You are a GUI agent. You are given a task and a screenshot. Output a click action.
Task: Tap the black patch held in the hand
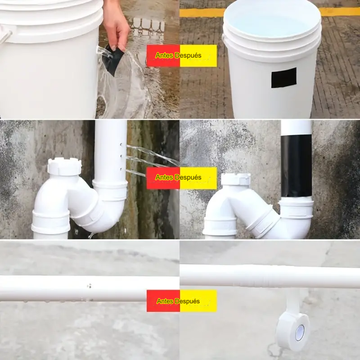point(113,60)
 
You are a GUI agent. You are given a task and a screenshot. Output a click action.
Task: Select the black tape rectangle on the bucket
point(284,77)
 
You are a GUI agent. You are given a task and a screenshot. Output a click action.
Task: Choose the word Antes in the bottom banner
point(165,301)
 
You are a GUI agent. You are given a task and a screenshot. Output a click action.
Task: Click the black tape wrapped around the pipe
point(296,166)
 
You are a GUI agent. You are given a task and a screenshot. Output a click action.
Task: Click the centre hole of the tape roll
point(300,333)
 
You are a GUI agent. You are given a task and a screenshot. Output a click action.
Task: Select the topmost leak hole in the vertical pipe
point(121,144)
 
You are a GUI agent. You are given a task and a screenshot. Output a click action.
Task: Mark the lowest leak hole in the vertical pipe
point(121,170)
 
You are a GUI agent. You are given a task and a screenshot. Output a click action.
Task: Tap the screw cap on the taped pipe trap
point(236,179)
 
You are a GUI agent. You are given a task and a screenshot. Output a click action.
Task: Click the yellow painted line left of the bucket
point(202,13)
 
